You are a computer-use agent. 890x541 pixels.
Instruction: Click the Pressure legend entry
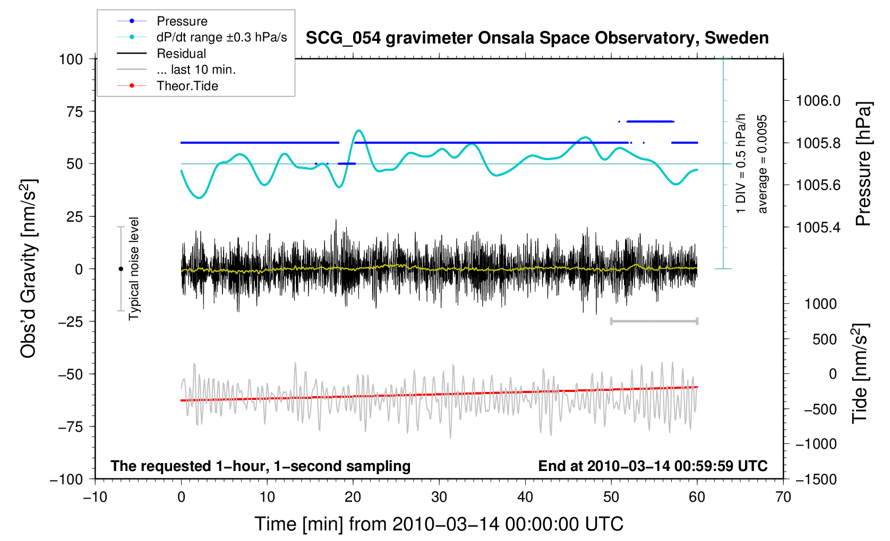click(182, 21)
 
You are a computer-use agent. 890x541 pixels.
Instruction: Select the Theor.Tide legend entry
click(187, 86)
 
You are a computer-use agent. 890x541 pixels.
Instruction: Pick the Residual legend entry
click(181, 54)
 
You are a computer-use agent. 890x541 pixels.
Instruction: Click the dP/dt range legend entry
click(221, 37)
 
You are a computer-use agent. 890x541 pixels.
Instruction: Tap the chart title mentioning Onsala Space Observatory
click(537, 38)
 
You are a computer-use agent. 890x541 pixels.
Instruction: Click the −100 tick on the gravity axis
click(66, 479)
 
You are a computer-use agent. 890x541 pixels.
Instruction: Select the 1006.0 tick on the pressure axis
click(818, 101)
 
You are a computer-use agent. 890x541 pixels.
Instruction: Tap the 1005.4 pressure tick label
click(818, 228)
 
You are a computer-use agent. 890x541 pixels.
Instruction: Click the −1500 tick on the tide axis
click(816, 479)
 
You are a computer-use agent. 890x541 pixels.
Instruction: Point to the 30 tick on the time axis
click(439, 497)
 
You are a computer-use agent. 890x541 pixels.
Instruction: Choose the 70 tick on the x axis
click(783, 497)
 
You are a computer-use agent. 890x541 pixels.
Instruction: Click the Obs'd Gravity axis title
click(28, 268)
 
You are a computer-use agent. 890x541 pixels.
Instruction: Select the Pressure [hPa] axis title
click(863, 164)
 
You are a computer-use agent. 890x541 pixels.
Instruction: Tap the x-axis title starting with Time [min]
click(439, 524)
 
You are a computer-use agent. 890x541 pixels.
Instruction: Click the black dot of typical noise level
click(121, 269)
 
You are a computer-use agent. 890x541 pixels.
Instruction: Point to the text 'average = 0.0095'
click(763, 164)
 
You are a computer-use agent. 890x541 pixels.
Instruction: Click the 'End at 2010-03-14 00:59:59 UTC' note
click(653, 466)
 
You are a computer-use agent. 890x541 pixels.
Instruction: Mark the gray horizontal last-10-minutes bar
click(654, 321)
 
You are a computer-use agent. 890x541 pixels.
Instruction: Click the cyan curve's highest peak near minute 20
click(359, 130)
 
